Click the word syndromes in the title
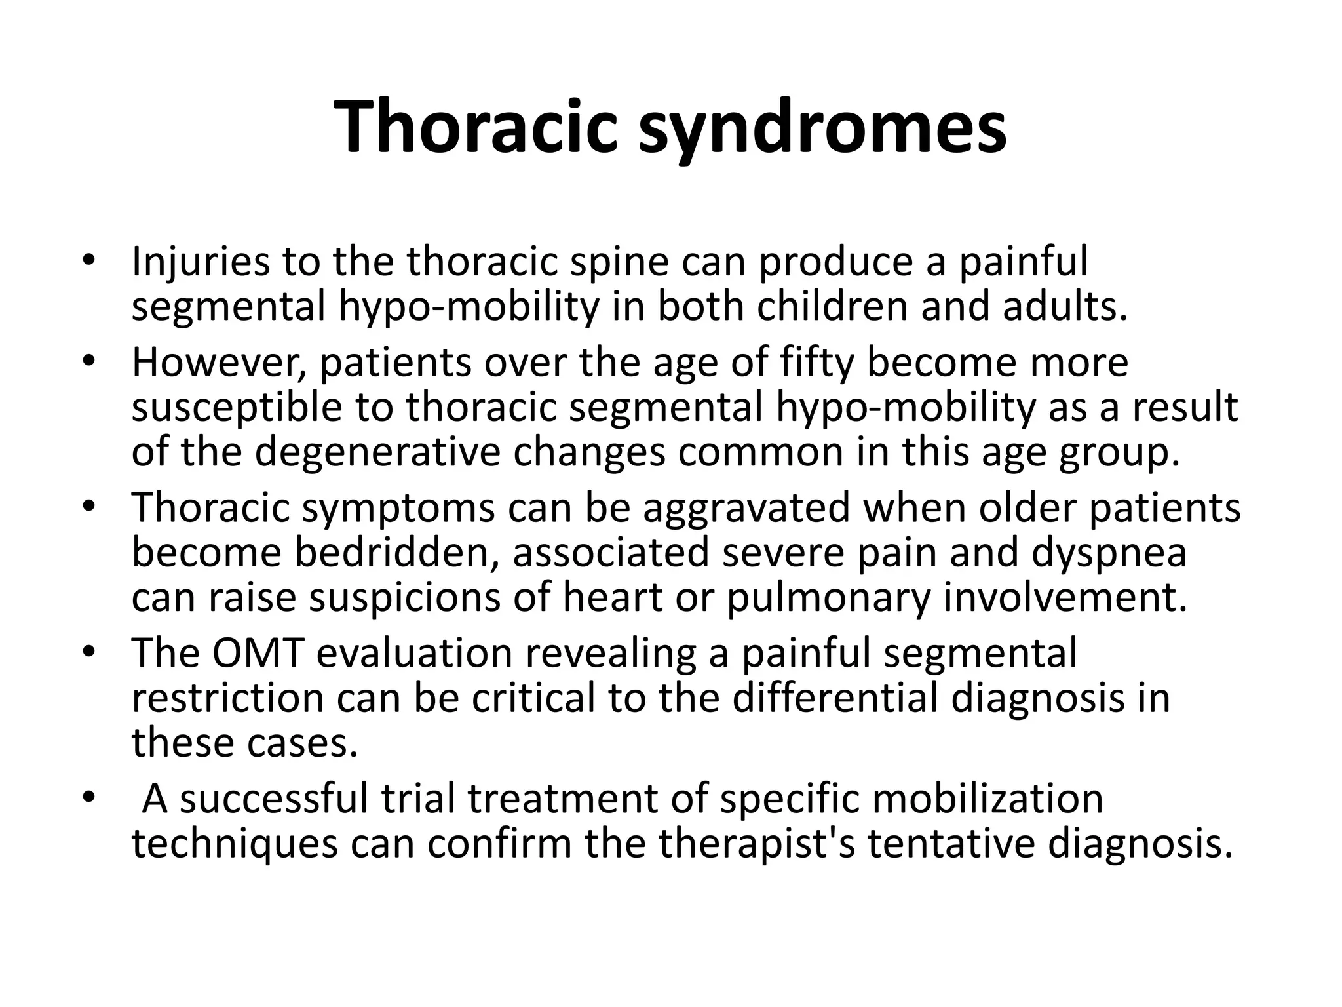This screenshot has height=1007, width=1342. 822,126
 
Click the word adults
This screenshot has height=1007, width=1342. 1065,306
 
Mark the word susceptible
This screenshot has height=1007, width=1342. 237,407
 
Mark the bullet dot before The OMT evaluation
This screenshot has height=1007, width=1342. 90,654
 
